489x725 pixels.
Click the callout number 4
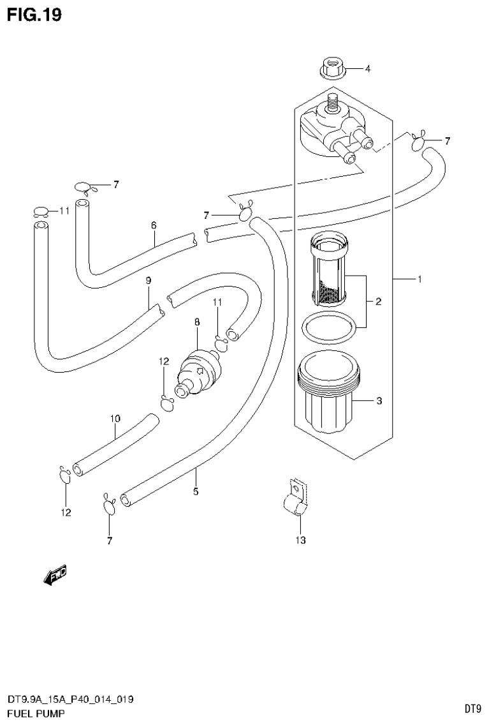point(367,68)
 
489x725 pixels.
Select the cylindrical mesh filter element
point(330,269)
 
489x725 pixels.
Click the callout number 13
point(300,541)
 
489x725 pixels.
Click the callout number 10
point(115,419)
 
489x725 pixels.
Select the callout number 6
point(154,225)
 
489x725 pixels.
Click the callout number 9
point(148,280)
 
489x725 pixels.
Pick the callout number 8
point(196,324)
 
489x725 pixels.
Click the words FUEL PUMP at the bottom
point(32,713)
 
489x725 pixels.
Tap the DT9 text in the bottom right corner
point(472,708)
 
